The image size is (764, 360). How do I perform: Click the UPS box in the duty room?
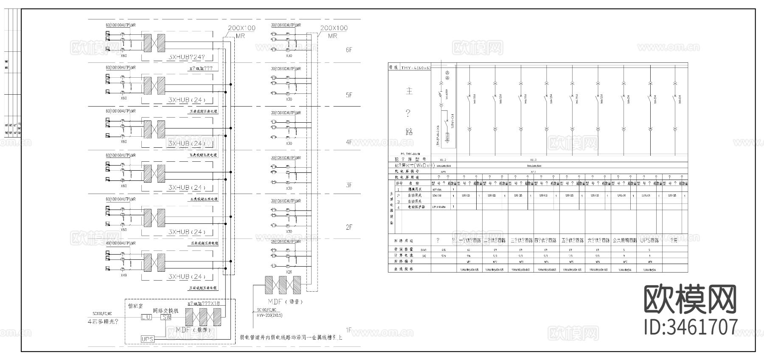[x=147, y=339]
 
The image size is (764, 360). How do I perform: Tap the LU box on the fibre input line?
[x=146, y=317]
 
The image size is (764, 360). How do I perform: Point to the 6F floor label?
[x=349, y=50]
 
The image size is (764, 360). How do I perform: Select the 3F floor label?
[x=349, y=185]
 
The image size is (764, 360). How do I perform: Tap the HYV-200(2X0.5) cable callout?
[x=270, y=315]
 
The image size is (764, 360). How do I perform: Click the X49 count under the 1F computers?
[x=124, y=275]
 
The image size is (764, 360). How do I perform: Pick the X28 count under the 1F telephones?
[x=289, y=271]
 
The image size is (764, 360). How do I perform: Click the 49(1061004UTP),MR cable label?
[x=121, y=243]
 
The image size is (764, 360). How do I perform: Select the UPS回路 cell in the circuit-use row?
[x=649, y=240]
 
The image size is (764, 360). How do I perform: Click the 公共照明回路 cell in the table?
[x=624, y=240]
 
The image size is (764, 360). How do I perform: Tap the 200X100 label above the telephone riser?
[x=334, y=28]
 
